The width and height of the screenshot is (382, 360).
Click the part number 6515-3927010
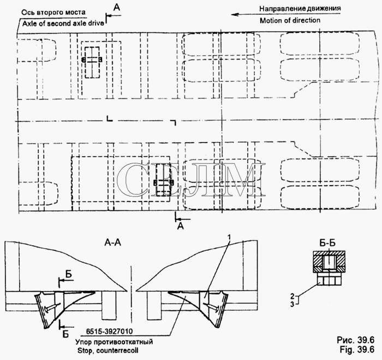[109, 332]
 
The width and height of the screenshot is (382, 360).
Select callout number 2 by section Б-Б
[292, 296]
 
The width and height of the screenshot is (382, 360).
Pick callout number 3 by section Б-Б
[292, 304]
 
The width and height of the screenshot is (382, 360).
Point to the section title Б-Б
[327, 244]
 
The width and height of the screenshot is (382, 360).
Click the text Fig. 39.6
[357, 350]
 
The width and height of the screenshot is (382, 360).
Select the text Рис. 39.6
[356, 340]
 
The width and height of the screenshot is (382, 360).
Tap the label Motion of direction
[290, 21]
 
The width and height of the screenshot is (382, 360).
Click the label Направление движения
[300, 9]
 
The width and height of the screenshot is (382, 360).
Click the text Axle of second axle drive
[63, 23]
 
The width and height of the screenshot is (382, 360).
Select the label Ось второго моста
[53, 13]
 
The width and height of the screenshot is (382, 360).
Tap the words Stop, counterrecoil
[108, 351]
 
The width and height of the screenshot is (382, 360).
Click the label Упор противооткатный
[114, 342]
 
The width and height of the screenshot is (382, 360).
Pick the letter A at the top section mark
[117, 8]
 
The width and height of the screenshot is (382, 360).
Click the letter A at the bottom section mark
[181, 226]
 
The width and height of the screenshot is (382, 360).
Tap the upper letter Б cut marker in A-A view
[69, 274]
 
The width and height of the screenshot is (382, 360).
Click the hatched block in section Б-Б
[329, 262]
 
